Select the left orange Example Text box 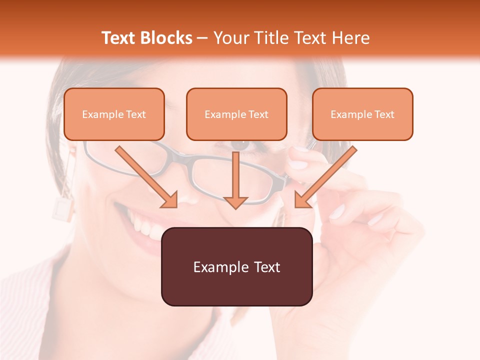pyautogui.click(x=114, y=114)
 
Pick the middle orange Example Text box pyautogui.click(x=236, y=114)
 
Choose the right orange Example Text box pyautogui.click(x=362, y=114)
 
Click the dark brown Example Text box pyautogui.click(x=236, y=266)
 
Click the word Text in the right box pyautogui.click(x=384, y=114)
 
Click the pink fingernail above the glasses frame pyautogui.click(x=298, y=164)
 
